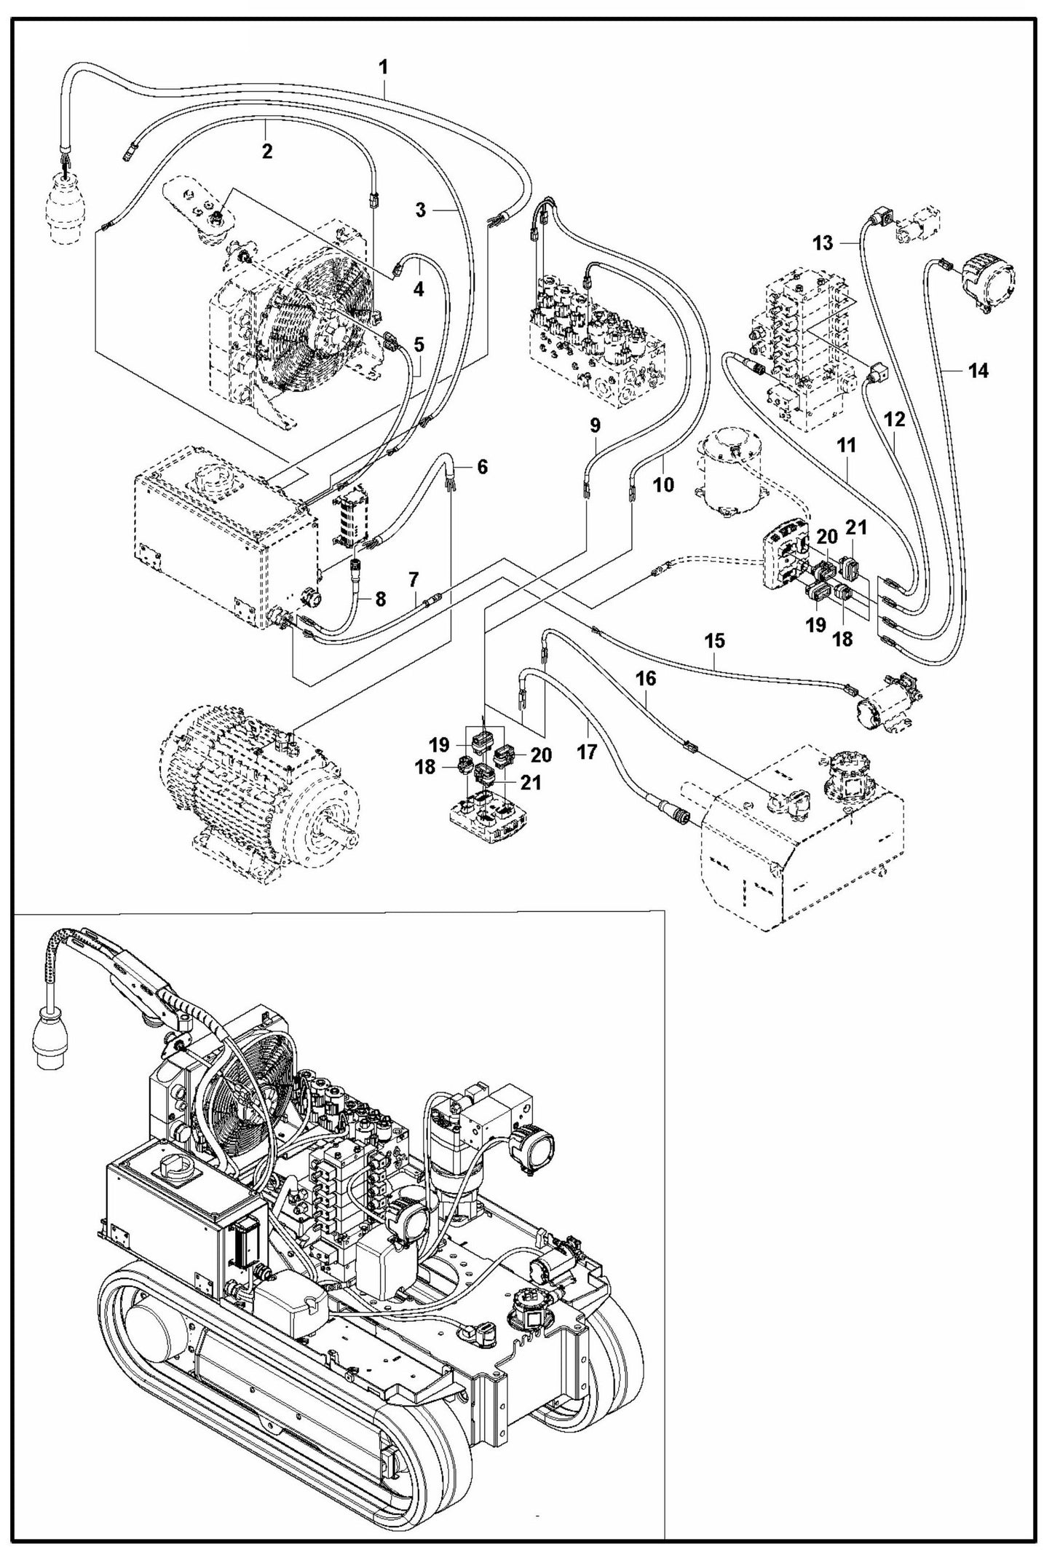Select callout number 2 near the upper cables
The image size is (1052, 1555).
267,151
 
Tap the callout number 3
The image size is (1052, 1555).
422,210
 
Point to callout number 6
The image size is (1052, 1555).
483,467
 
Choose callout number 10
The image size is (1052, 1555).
663,484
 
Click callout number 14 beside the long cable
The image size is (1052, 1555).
978,371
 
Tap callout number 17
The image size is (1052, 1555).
587,750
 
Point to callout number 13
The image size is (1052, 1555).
823,243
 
